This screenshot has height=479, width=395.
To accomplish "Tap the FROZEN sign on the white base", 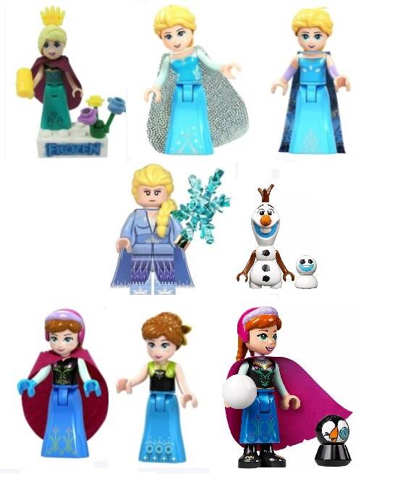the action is (73, 149).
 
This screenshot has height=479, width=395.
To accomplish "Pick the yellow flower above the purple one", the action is (95, 101).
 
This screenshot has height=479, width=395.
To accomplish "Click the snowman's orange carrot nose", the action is (266, 220).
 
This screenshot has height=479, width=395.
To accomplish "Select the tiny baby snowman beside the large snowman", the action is (306, 271).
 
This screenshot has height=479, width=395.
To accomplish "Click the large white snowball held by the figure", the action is (239, 392).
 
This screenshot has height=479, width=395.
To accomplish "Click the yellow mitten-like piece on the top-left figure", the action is (25, 79).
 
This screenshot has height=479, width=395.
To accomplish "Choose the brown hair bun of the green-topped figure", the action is (184, 331).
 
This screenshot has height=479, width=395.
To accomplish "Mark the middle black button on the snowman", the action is (266, 267).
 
